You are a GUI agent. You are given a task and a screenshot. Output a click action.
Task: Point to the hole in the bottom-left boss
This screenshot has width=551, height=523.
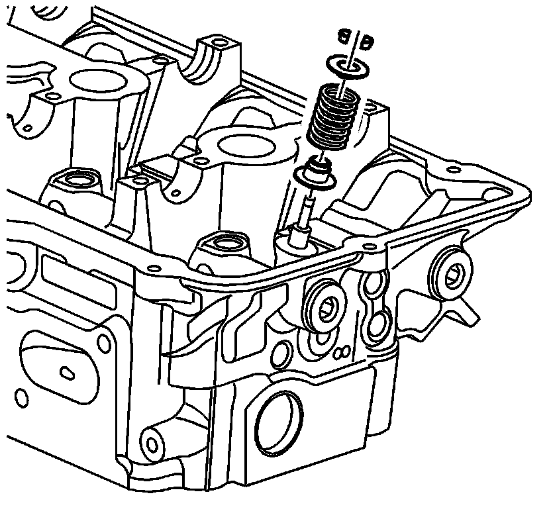click(x=150, y=440)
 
